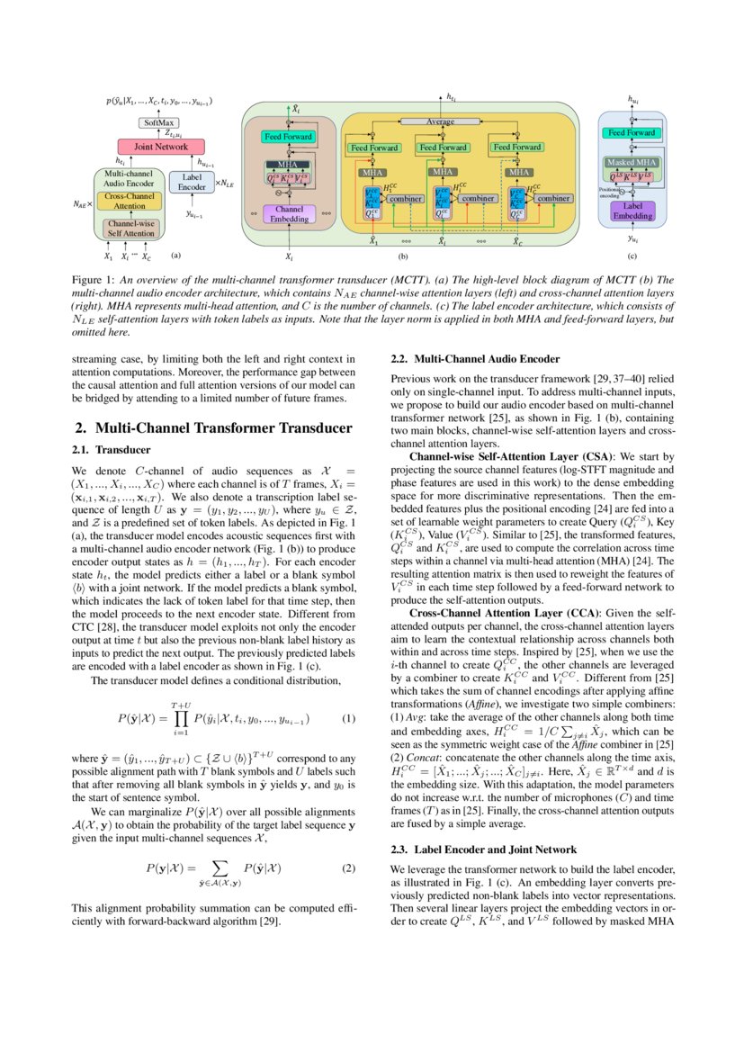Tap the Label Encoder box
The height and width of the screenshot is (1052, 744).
click(x=192, y=182)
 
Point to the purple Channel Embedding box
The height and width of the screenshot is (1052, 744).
click(x=288, y=214)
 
